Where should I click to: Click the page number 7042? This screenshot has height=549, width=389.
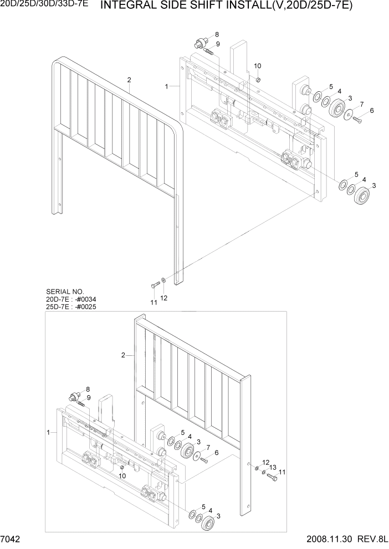[11, 541]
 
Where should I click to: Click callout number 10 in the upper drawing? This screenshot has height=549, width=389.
[257, 66]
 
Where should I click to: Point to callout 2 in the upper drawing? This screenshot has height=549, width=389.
[129, 80]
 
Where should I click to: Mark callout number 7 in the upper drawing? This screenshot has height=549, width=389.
[361, 104]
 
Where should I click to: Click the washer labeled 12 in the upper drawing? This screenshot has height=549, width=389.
[162, 281]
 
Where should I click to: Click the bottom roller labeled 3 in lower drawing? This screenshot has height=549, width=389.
[208, 522]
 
